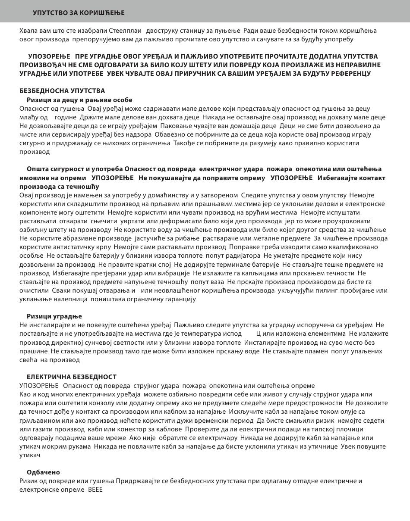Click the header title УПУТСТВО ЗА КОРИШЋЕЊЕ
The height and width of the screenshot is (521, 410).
pyautogui.click(x=79, y=13)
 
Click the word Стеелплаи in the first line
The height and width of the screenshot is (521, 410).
pyautogui.click(x=127, y=31)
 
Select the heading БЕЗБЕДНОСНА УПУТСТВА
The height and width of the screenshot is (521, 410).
pyautogui.click(x=62, y=91)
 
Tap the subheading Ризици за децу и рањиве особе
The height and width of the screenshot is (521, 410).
pyautogui.click(x=79, y=100)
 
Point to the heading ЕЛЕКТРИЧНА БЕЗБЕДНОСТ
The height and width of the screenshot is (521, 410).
pyautogui.click(x=72, y=377)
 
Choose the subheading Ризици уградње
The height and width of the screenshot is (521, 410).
pyautogui.click(x=54, y=316)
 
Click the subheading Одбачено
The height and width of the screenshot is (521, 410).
pyautogui.click(x=43, y=472)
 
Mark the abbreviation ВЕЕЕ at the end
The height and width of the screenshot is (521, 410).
pyautogui.click(x=95, y=490)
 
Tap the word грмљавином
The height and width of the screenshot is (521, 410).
pyautogui.click(x=38, y=420)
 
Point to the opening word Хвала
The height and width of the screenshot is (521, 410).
pyautogui.click(x=28, y=31)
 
